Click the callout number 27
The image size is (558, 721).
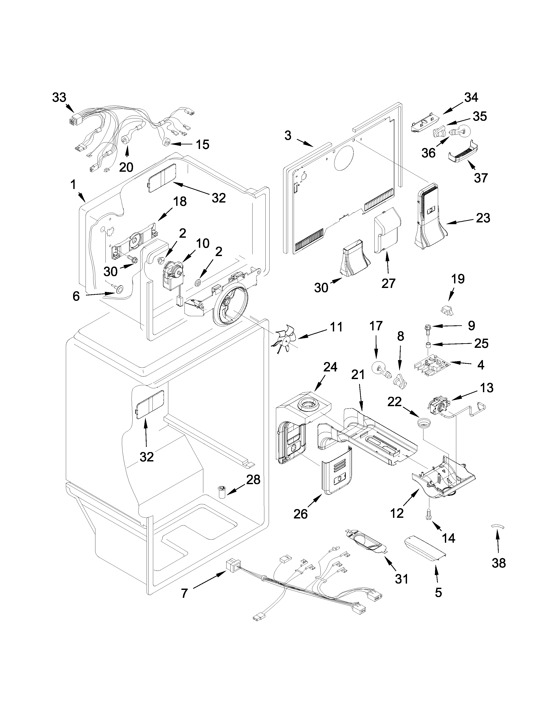(388, 283)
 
